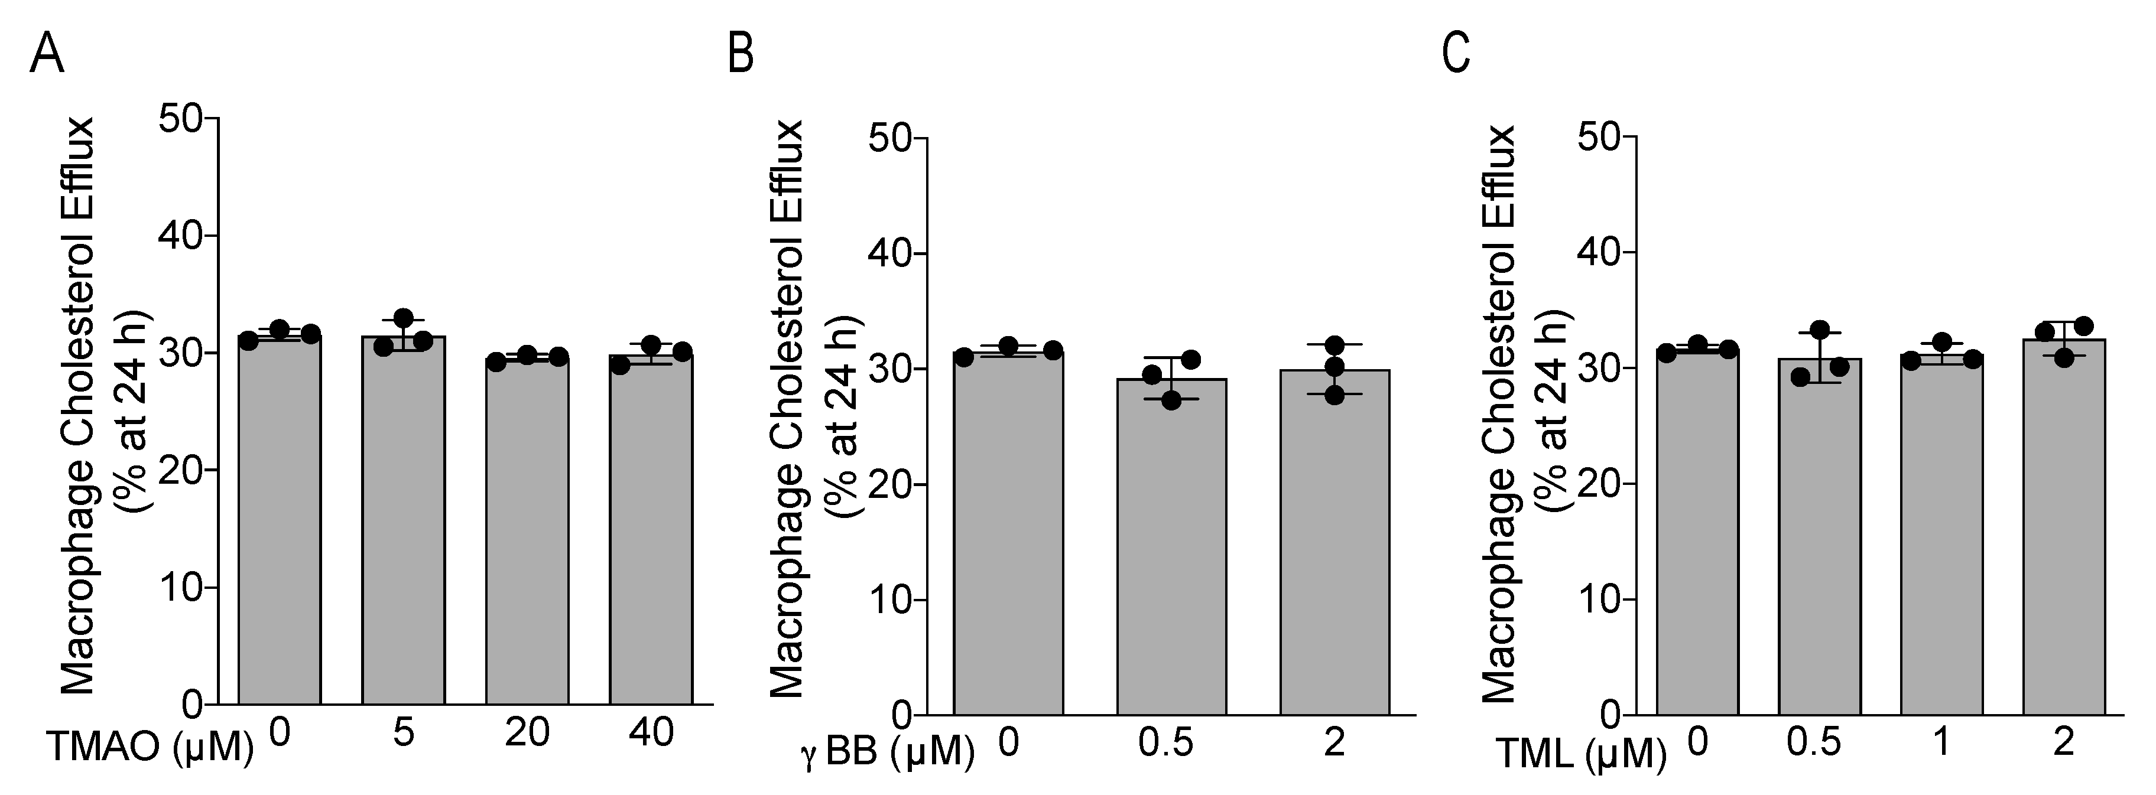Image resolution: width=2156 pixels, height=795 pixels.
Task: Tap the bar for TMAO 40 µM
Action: coord(650,527)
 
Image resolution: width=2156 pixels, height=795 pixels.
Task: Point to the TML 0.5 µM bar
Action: coord(1820,536)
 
